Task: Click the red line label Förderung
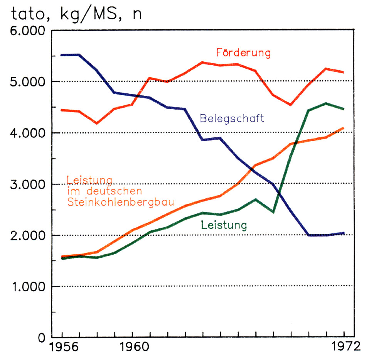pos(243,52)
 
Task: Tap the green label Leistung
pos(223,225)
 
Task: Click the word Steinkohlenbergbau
pos(120,202)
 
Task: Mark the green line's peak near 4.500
pos(326,103)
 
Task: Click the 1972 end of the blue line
pos(343,233)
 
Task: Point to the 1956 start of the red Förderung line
pos(63,110)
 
